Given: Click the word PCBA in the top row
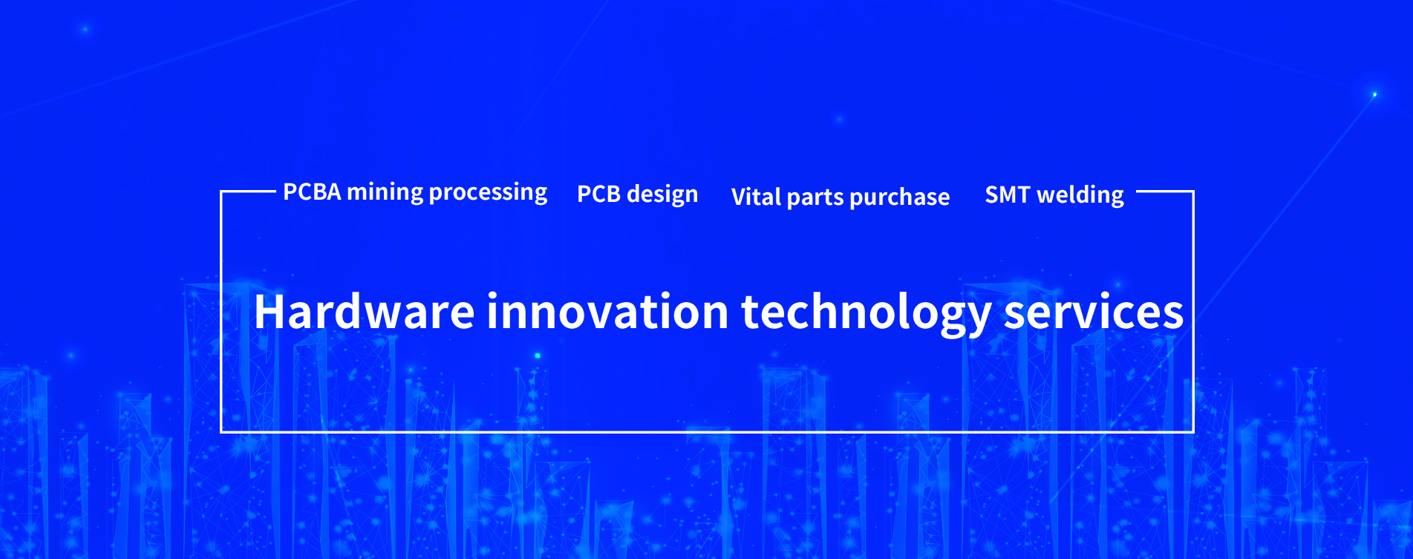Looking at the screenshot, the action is point(313,192).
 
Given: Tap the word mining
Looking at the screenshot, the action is point(385,193).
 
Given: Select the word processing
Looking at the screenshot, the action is point(488,193).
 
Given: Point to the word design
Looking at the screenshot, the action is point(662,195).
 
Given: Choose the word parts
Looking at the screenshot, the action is point(815,198).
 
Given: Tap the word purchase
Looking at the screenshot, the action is point(899,197).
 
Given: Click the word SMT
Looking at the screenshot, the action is point(1008,195).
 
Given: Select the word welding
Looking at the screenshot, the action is point(1080,195).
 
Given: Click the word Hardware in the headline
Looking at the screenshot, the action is point(365,311).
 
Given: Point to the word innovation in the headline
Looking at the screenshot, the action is point(608,311).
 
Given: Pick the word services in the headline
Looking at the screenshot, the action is point(1094,312).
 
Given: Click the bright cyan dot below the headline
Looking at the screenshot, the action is point(538,356).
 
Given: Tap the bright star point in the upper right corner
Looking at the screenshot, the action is point(1374,94).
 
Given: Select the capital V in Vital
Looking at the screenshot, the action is point(741,197).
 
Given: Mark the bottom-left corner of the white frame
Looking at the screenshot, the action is point(221,431).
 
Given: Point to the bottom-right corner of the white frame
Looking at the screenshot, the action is point(1193,431).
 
